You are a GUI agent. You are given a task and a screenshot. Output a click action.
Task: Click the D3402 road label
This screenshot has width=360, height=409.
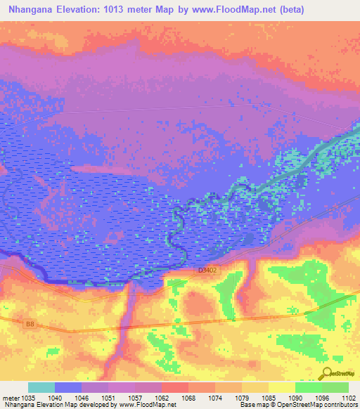click(207, 269)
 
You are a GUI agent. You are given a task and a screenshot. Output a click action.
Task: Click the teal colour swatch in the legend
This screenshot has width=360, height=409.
click(41, 387)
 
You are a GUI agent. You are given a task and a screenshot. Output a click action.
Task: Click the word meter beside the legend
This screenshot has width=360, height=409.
click(11, 397)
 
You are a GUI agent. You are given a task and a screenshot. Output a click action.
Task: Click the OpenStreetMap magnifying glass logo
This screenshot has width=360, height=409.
click(328, 374)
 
